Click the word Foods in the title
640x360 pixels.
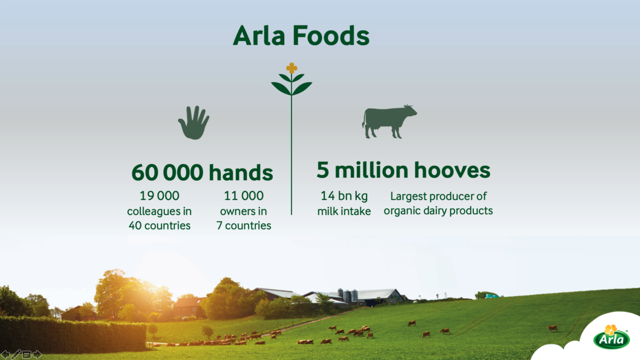(331, 35)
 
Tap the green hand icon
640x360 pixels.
(194, 123)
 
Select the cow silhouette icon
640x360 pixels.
(389, 122)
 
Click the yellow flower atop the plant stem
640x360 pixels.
(291, 68)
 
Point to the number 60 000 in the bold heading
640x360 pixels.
(167, 172)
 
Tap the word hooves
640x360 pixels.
(452, 170)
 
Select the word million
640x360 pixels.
(371, 170)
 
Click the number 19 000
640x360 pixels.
(159, 196)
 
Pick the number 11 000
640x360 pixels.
(243, 196)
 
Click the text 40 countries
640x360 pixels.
(159, 226)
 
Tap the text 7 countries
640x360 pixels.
(243, 226)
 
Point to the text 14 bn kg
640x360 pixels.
(344, 196)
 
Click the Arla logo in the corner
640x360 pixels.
(611, 337)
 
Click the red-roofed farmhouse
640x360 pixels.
(187, 307)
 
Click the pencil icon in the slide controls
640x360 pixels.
(15, 355)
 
